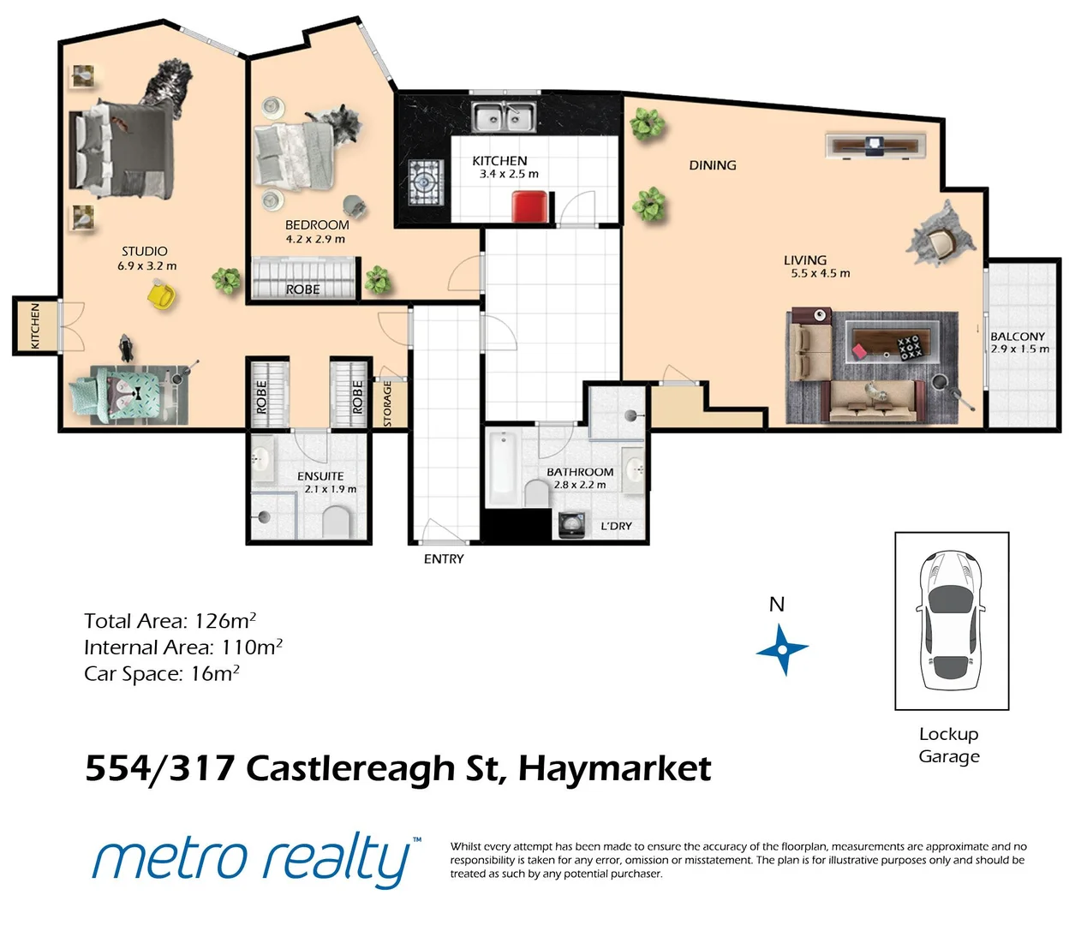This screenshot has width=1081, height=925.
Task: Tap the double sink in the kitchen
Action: coord(505,116)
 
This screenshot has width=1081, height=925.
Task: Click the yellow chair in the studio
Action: coord(160,295)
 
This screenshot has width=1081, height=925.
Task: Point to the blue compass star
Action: coord(782,650)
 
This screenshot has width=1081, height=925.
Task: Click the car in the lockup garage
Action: coord(950,621)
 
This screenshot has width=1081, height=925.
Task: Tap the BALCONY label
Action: coord(1018,337)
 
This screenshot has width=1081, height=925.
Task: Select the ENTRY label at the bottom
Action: coord(444,559)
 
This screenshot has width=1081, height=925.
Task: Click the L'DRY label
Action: coord(616,526)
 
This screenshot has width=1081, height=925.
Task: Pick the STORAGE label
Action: coord(387,404)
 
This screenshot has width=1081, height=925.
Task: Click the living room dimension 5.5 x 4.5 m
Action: coord(820,274)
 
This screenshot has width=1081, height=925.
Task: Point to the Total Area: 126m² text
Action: coord(170,621)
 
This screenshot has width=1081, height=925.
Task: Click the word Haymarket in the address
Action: coord(614,768)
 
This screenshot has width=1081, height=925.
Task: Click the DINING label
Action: coord(712,165)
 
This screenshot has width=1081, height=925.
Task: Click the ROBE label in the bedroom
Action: coord(302,289)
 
